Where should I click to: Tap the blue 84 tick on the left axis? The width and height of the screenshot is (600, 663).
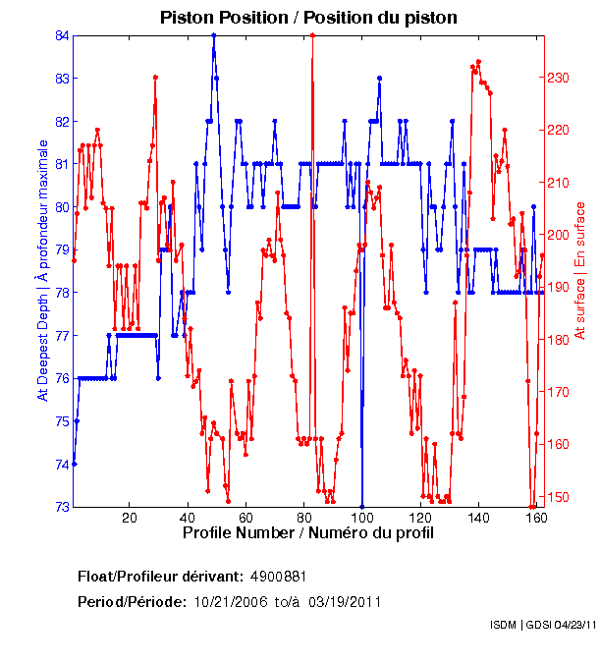(x=62, y=35)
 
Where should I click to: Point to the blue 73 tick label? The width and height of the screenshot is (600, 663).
(x=62, y=507)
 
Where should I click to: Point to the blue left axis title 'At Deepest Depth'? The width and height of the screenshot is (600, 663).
(x=43, y=270)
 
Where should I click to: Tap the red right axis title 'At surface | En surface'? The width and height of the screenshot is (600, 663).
(x=580, y=270)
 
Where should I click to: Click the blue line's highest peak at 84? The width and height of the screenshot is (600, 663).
(x=213, y=35)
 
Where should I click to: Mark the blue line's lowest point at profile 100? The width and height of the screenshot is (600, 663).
(x=362, y=506)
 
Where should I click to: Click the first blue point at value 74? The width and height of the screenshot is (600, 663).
(x=75, y=464)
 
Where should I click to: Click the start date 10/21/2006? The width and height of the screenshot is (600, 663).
(x=229, y=601)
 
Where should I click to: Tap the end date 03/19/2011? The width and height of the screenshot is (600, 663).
(x=345, y=601)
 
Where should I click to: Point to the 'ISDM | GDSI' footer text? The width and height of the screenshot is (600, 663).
(x=521, y=625)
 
